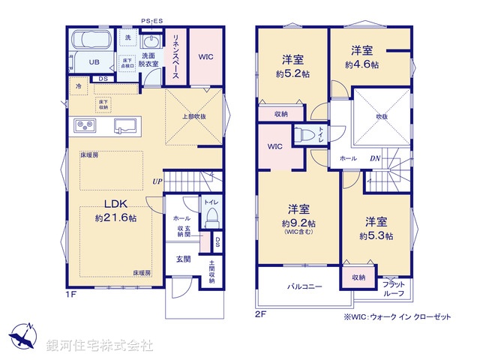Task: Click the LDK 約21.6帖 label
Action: pyautogui.click(x=115, y=211)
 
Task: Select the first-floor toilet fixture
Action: pyautogui.click(x=211, y=217)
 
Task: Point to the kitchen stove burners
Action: pyautogui.click(x=83, y=124)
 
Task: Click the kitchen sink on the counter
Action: pyautogui.click(x=124, y=125)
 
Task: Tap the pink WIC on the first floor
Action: pyautogui.click(x=206, y=55)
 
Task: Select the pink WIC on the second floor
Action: pyautogui.click(x=274, y=146)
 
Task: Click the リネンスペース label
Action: pyautogui.click(x=174, y=56)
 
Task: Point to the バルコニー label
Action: pyautogui.click(x=304, y=286)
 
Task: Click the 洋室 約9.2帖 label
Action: pyautogui.click(x=298, y=216)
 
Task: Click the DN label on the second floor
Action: pyautogui.click(x=374, y=159)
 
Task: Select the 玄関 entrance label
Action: pyautogui.click(x=183, y=259)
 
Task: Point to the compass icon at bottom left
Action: pyautogui.click(x=22, y=335)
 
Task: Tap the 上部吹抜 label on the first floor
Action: pyautogui.click(x=193, y=117)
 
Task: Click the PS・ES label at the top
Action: pyautogui.click(x=152, y=21)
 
